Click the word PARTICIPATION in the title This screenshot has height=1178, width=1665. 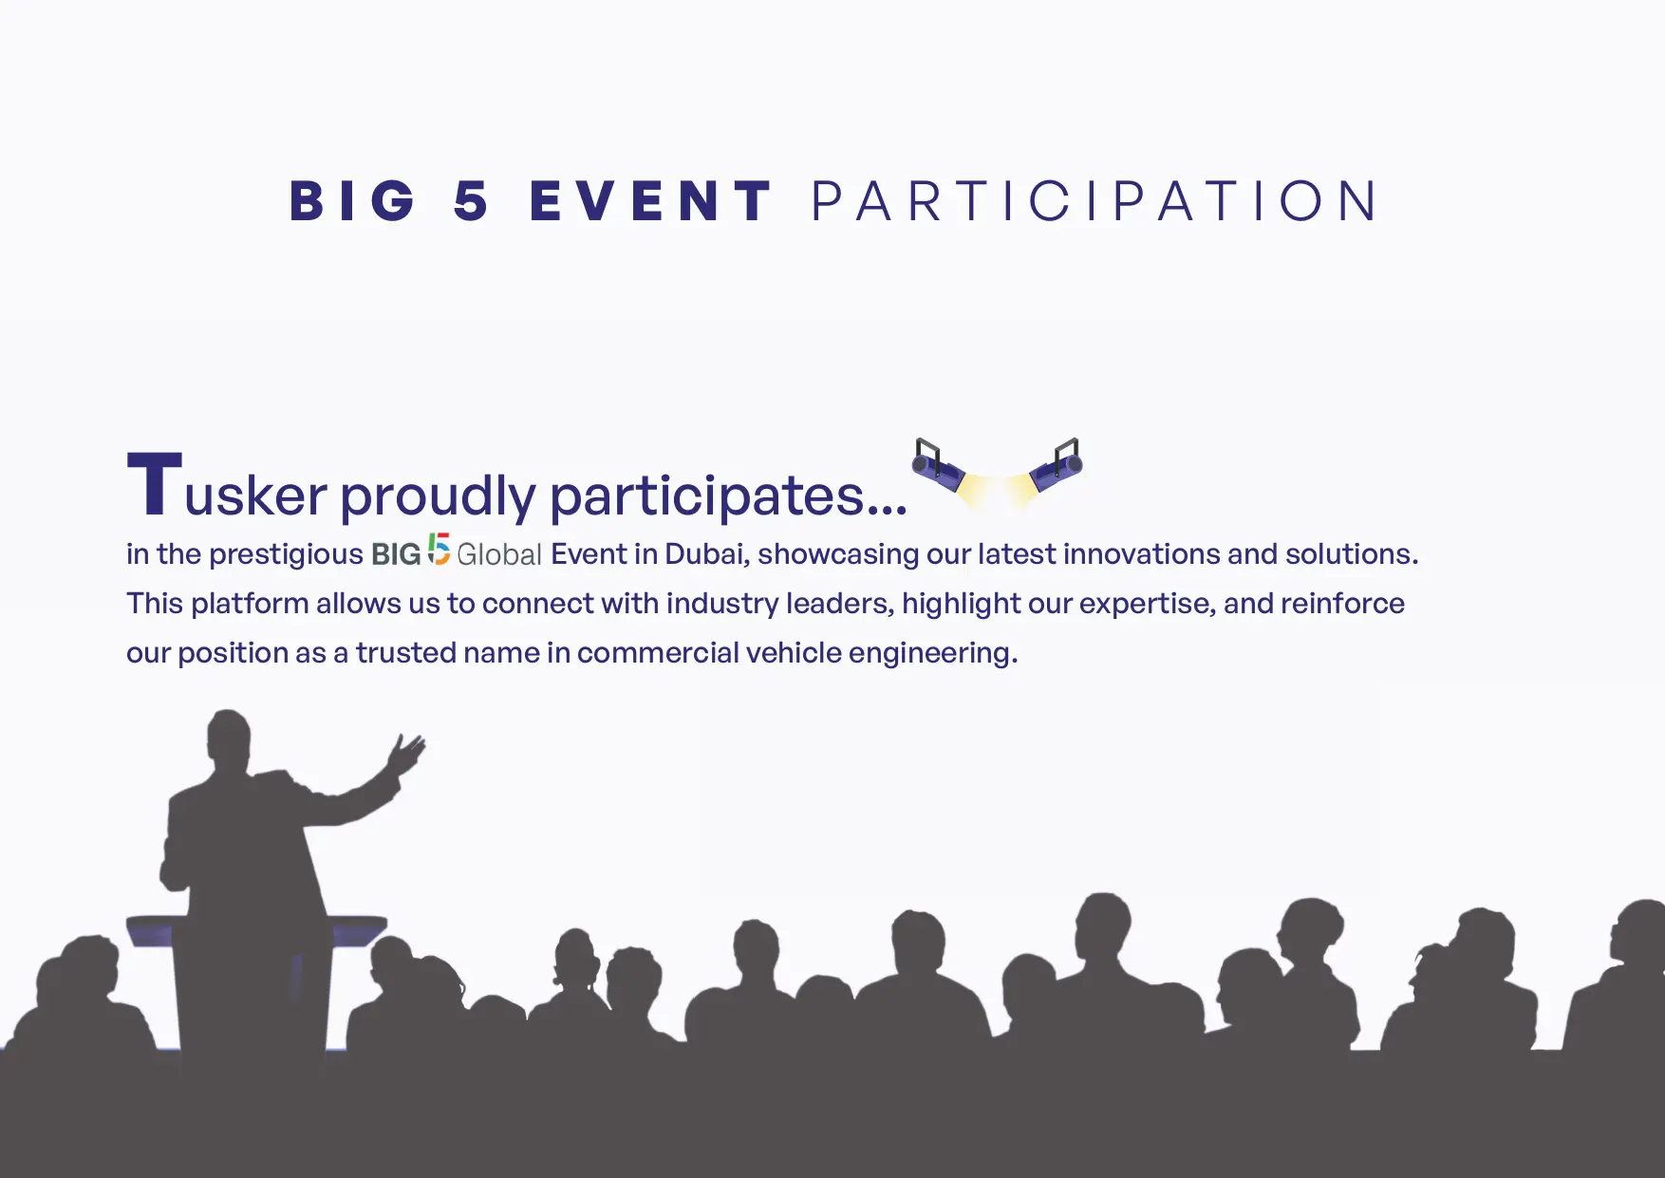click(x=1094, y=201)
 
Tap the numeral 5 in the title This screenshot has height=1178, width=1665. click(x=471, y=201)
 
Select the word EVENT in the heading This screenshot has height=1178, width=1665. click(x=650, y=201)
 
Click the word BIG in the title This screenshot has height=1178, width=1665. click(x=352, y=201)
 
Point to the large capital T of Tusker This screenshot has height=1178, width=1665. click(x=155, y=484)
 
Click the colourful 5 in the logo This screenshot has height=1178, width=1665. click(x=438, y=550)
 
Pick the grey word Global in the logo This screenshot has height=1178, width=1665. click(x=499, y=554)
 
